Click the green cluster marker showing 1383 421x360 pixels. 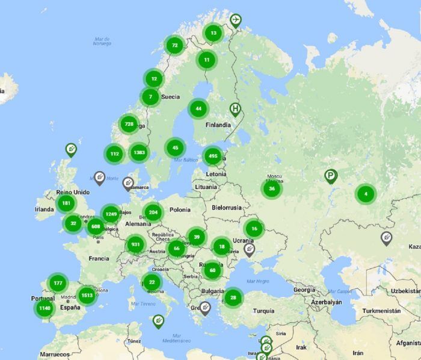[139, 152]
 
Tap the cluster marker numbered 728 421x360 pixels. [128, 125]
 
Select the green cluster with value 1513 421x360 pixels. [87, 295]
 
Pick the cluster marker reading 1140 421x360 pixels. [45, 308]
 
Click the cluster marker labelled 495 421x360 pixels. [212, 157]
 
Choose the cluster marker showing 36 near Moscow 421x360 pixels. [272, 188]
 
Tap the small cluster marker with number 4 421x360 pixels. [365, 194]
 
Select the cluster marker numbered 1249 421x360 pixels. [111, 213]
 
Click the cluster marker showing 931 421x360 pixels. [135, 244]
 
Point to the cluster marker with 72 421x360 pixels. [174, 45]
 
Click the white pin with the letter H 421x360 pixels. [235, 109]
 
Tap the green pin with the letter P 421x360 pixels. [330, 176]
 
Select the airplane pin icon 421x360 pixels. [235, 20]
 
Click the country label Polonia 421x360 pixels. [180, 209]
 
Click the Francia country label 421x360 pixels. [99, 258]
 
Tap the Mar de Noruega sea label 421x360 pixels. [102, 41]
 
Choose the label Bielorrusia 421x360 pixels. [226, 207]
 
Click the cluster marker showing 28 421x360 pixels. [233, 297]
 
